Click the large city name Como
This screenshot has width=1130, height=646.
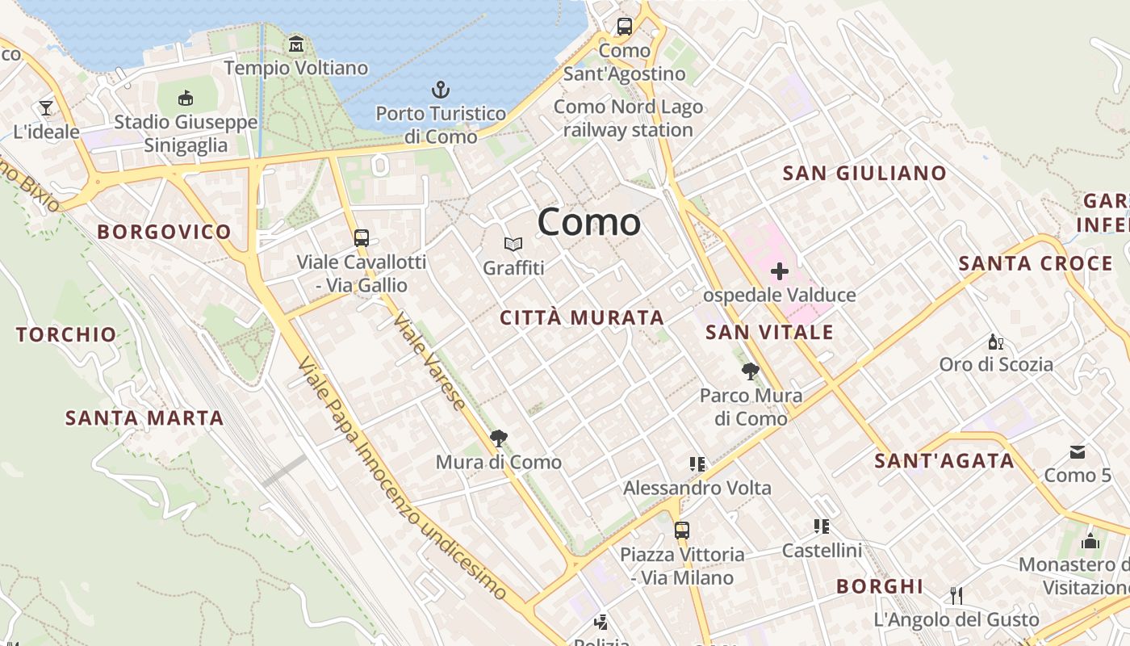tap(589, 222)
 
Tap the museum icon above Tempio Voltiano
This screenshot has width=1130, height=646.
tap(296, 44)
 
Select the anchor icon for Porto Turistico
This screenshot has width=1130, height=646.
tap(441, 89)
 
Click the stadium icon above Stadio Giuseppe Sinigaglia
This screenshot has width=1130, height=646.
tap(186, 99)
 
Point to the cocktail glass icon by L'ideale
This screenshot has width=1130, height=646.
tap(46, 107)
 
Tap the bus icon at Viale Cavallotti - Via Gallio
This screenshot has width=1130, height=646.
tap(362, 238)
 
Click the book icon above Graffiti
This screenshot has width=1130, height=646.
tap(513, 244)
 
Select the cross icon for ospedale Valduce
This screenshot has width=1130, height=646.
tap(779, 271)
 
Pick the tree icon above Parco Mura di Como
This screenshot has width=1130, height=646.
tap(751, 371)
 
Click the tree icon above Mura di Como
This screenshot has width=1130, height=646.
tap(499, 438)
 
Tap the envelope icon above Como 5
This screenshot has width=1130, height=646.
tap(1078, 451)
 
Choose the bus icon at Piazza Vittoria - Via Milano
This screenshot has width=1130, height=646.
tap(682, 531)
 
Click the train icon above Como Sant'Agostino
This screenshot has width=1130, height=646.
tap(625, 27)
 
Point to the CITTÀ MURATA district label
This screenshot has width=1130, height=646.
tap(582, 318)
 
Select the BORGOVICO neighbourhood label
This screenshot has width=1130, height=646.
tap(165, 233)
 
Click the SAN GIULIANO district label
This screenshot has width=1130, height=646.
tap(864, 174)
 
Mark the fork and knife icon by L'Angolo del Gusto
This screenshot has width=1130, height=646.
tap(956, 596)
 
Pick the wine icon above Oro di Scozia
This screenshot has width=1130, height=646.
tap(996, 342)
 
